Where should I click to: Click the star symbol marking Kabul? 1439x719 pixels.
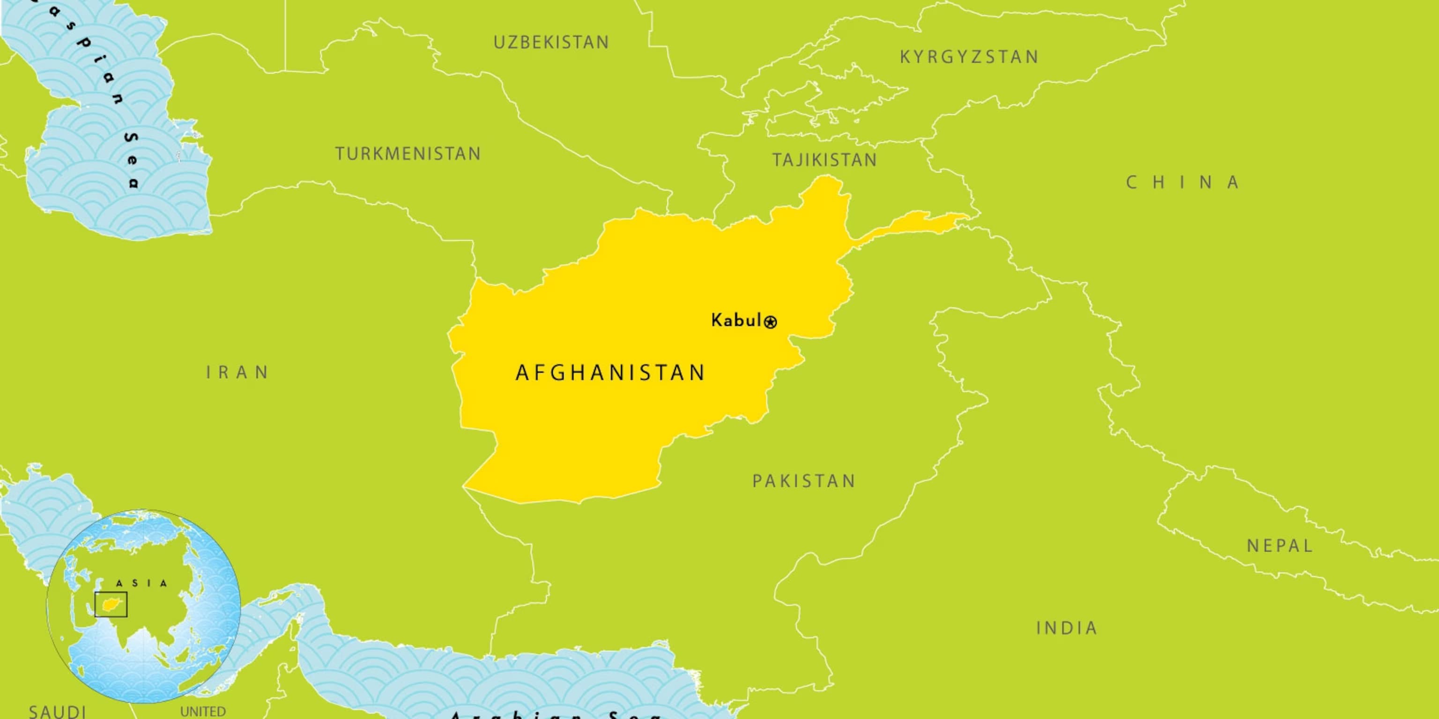coord(771,322)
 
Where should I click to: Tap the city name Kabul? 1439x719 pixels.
coord(736,321)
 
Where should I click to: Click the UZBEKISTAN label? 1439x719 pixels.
coord(551,43)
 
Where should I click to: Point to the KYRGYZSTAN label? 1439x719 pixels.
coord(969,57)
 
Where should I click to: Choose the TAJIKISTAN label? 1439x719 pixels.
coord(824,160)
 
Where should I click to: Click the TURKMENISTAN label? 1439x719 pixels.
coord(408,154)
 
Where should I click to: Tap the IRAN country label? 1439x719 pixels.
coord(238,372)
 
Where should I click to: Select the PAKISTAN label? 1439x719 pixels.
coord(804,481)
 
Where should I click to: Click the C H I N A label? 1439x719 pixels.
coord(1183,183)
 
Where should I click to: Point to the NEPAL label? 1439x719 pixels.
coord(1279,545)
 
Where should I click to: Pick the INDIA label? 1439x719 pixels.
coord(1067,628)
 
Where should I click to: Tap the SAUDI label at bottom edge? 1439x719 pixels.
coord(57,711)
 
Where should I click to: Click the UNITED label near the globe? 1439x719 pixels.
coord(203,712)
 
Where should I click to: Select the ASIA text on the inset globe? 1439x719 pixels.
coord(141,583)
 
